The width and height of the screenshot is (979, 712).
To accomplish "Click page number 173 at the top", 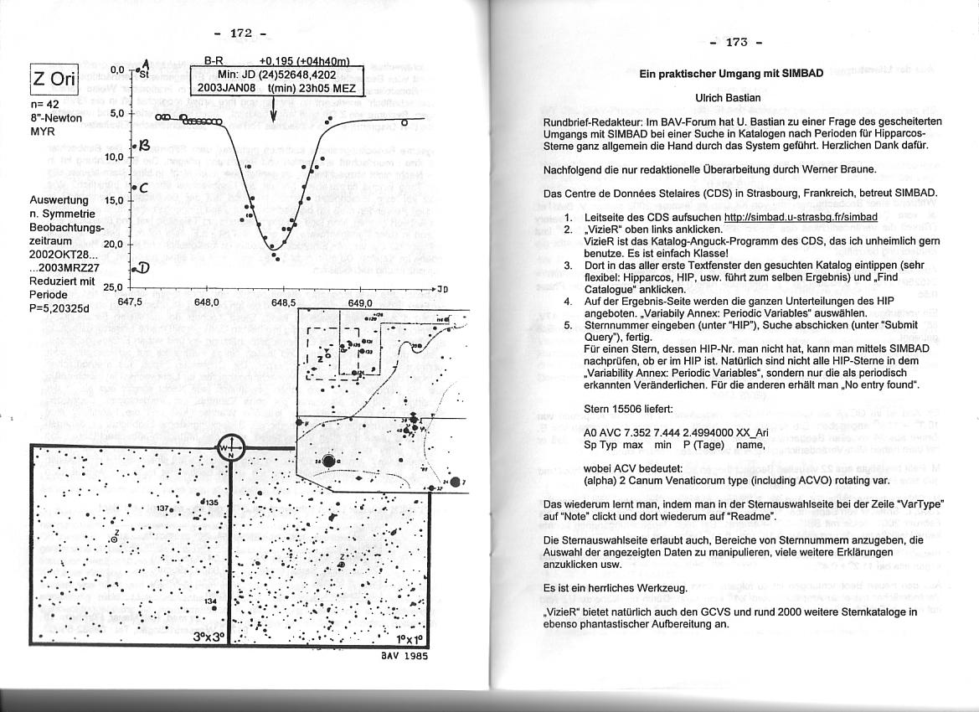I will coord(734,42).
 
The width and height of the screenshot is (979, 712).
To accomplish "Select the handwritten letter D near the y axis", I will coord(142,268).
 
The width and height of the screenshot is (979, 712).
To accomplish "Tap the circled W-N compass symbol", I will coord(229,448).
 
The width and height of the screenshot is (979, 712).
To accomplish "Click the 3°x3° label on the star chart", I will coord(209,634).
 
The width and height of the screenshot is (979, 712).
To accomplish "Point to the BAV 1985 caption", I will coord(404,656).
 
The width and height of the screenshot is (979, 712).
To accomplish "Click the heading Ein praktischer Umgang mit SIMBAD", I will coord(731,74).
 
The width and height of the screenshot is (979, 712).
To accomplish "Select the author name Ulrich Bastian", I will coord(728,98).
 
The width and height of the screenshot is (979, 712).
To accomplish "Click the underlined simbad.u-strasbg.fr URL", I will coord(800,217).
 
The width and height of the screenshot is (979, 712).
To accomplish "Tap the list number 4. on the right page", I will coord(568,301).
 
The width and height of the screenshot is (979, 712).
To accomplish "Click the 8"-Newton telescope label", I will coord(55,118).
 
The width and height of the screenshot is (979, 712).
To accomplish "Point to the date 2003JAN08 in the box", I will coord(226,88).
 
